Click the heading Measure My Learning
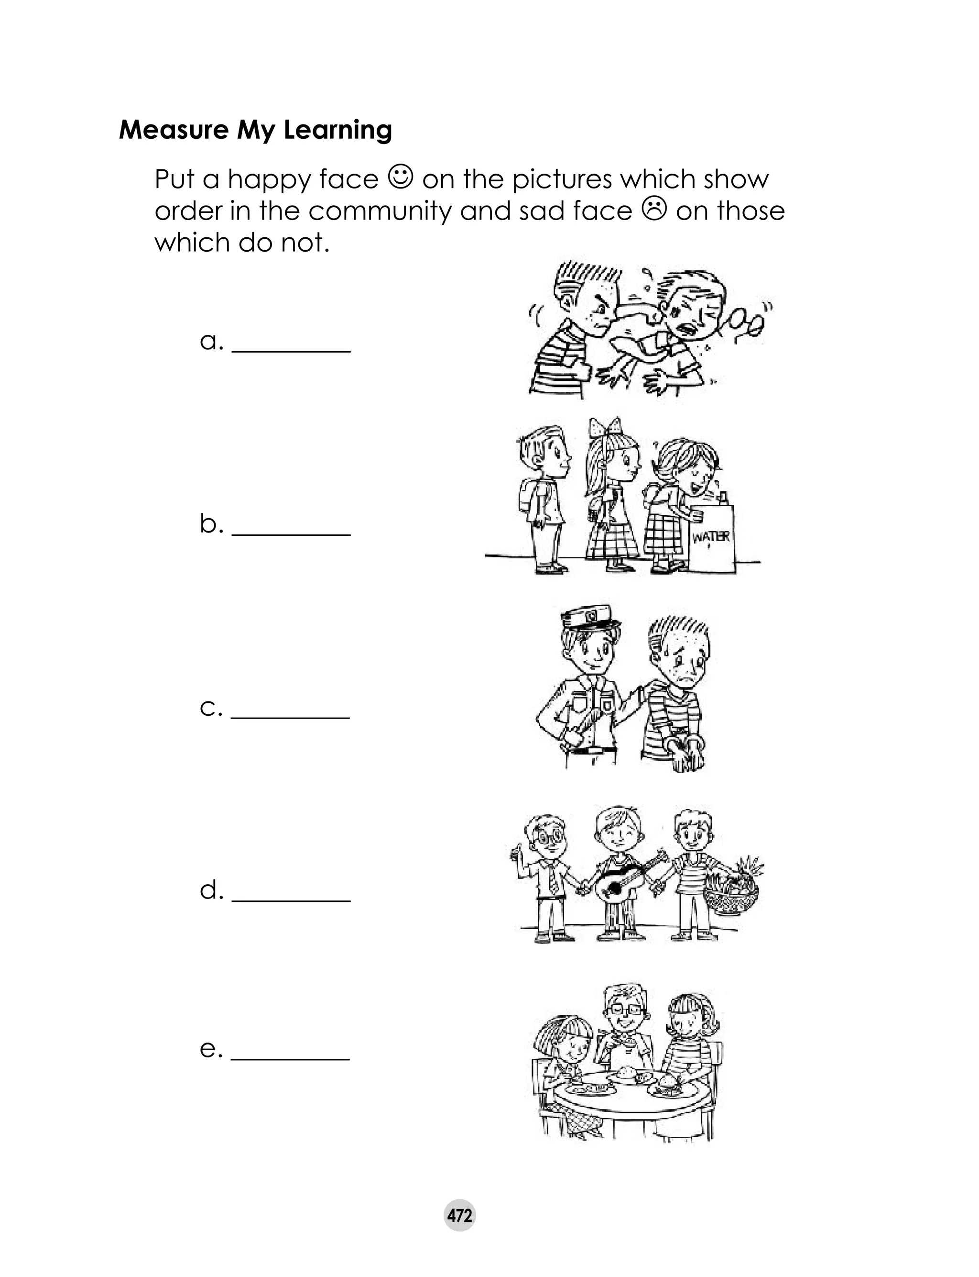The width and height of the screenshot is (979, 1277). click(255, 130)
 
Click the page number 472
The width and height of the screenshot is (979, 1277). click(460, 1215)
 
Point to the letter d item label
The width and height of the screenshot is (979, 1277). click(211, 890)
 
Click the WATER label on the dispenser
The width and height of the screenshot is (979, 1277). click(710, 536)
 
